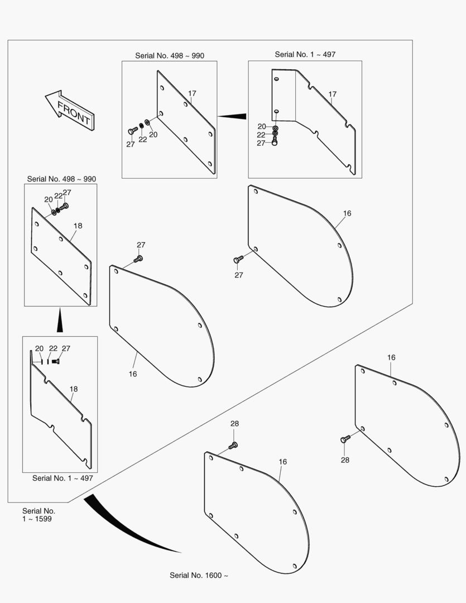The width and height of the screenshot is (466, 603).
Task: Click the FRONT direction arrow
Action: (x=70, y=110)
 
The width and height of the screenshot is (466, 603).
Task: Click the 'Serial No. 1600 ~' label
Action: (x=199, y=575)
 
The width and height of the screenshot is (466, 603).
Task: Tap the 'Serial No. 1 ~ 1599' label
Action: (x=39, y=515)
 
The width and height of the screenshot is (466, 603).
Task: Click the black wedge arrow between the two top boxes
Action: (x=232, y=116)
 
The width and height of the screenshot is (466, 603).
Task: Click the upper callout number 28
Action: (x=234, y=423)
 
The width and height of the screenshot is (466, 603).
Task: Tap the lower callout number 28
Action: (x=345, y=460)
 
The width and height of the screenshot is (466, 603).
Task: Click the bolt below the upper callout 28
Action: (x=233, y=446)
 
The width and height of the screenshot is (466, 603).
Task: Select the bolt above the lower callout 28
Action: (x=345, y=439)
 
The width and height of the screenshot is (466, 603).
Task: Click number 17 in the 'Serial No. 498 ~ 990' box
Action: (x=192, y=93)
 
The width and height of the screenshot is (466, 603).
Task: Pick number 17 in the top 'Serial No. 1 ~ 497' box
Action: (x=333, y=94)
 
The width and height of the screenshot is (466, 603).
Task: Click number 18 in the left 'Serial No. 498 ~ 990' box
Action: (x=78, y=226)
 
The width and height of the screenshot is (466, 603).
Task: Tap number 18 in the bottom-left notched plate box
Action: (x=74, y=389)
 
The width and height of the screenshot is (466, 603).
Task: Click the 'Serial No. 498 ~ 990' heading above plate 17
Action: (x=170, y=56)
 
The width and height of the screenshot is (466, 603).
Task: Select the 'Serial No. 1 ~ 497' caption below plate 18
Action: (x=63, y=478)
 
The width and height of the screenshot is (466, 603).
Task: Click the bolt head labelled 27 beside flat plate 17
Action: (x=133, y=131)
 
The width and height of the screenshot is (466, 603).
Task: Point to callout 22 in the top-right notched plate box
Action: (x=261, y=135)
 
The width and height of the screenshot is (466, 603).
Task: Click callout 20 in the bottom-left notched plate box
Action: (x=39, y=348)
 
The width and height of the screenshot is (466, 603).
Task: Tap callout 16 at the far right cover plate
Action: (x=391, y=357)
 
